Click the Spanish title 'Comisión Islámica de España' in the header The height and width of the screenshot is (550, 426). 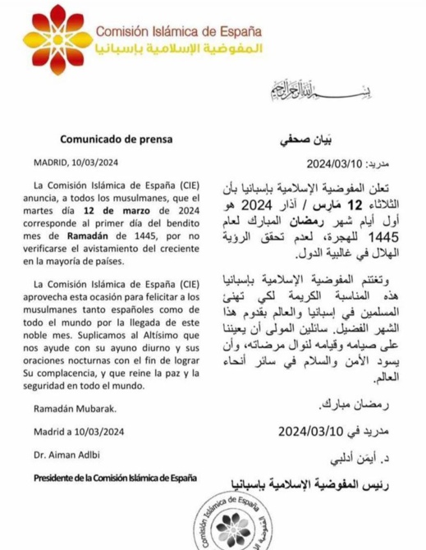pos(180,31)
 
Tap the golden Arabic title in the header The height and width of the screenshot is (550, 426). pos(180,51)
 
